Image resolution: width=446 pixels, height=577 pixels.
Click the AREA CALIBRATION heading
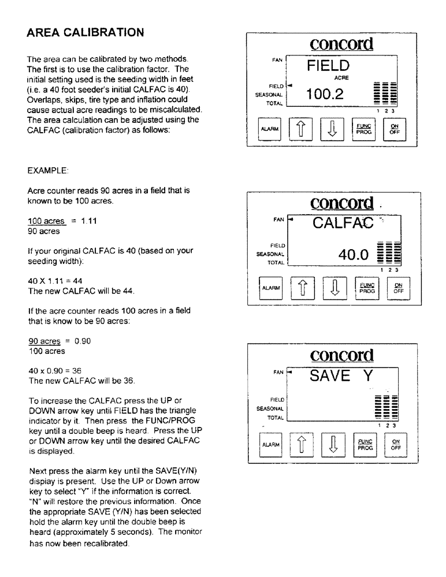click(85, 33)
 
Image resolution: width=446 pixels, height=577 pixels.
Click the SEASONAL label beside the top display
click(274, 95)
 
